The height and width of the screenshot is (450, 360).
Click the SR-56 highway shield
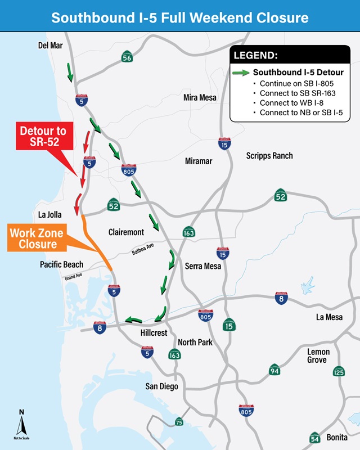point(127,57)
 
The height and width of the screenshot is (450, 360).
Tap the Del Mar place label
point(50,45)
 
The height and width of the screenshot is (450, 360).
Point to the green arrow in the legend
point(242,73)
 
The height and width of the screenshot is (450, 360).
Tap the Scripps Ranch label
point(269,156)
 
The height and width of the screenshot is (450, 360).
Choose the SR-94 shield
point(274,370)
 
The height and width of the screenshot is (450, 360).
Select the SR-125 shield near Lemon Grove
point(338,372)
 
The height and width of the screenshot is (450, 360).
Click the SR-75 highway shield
point(179,422)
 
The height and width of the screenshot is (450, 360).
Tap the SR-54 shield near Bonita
point(315,437)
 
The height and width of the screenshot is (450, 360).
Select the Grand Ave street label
point(73,277)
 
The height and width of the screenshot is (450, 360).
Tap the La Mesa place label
point(329,317)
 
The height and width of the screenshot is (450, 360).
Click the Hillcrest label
point(154,333)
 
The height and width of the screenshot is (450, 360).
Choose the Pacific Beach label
point(61,264)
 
